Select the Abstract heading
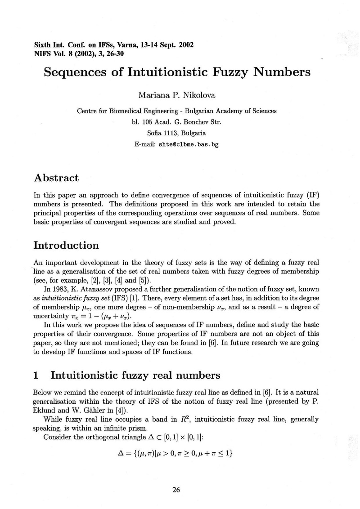pos(56,178)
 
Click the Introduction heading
pos(66,246)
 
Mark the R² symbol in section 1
pos(172,419)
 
